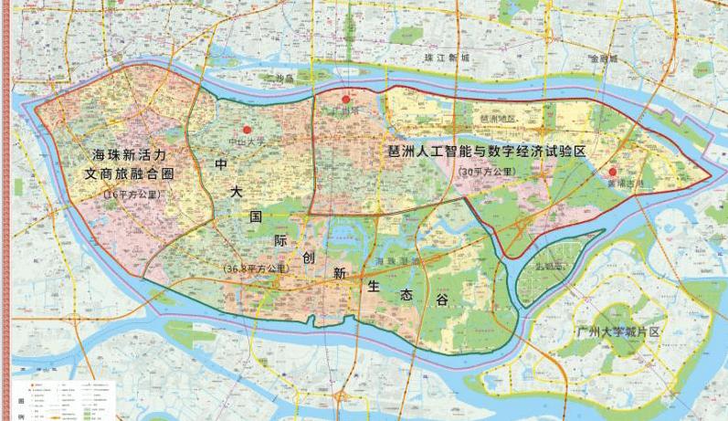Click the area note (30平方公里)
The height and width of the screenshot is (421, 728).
(489, 171)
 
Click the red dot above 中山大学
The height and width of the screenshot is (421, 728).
(247, 131)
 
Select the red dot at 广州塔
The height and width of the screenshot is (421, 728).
(345, 99)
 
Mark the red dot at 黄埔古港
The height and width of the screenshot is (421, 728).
(613, 171)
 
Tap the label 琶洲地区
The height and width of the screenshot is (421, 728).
(498, 119)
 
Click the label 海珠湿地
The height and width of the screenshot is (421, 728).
(396, 262)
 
